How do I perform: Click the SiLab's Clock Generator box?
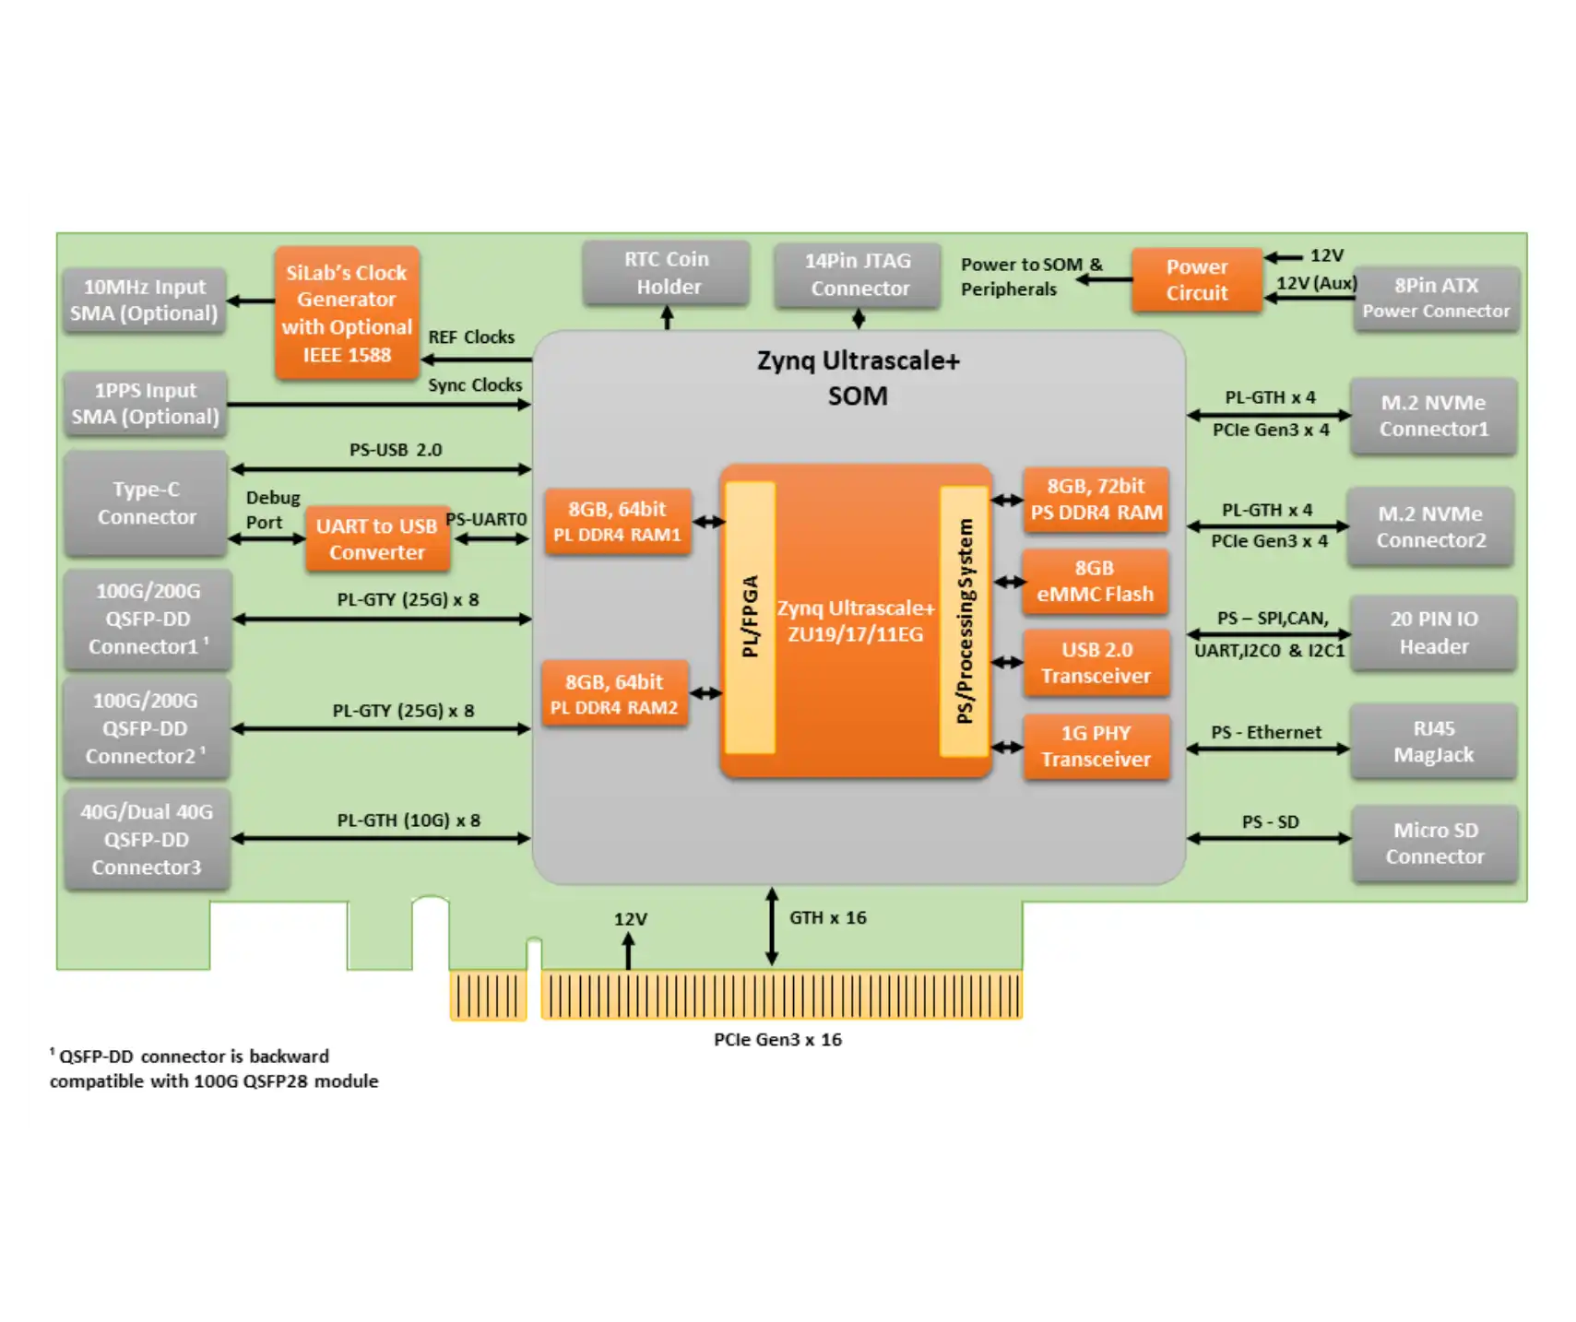[x=347, y=313]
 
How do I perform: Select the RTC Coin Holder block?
[x=667, y=273]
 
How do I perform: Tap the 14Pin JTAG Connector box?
[x=858, y=275]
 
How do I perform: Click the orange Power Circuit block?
[x=1196, y=279]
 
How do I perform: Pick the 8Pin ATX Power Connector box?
[x=1436, y=298]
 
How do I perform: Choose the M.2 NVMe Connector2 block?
[x=1430, y=526]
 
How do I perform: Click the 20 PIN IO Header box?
[x=1433, y=632]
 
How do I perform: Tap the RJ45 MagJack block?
[x=1433, y=741]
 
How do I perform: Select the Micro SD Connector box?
[x=1434, y=844]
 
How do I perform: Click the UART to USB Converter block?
[x=377, y=539]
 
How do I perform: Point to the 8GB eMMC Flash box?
[x=1095, y=581]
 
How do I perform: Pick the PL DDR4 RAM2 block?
[x=614, y=694]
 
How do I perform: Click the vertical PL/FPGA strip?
[x=751, y=617]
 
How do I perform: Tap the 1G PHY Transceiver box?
[x=1096, y=746]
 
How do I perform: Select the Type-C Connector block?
[x=147, y=503]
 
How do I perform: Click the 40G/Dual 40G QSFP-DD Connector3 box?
[x=147, y=839]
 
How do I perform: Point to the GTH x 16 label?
[x=827, y=917]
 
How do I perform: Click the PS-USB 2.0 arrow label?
[x=396, y=450]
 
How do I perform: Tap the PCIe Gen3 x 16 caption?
[x=777, y=1039]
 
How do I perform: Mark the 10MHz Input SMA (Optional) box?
[x=145, y=301]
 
